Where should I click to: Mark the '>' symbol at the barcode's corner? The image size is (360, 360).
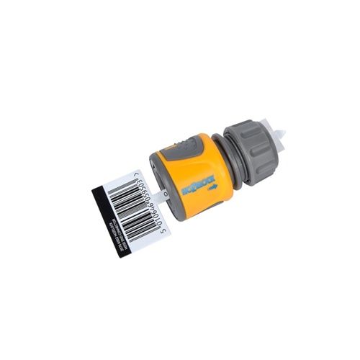point(136,175)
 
